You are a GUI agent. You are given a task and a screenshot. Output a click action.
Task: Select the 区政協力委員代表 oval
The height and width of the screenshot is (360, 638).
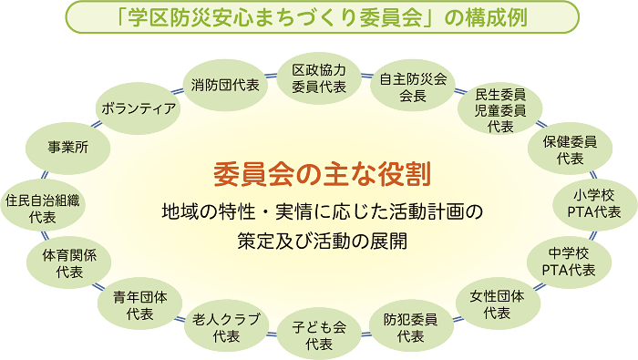(319, 78)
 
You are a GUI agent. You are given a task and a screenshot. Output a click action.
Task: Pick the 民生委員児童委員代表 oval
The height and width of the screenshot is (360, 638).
(500, 109)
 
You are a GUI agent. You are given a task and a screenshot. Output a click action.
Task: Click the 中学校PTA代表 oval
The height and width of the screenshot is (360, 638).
(569, 260)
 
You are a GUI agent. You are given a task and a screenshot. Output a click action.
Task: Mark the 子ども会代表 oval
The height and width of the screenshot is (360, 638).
(319, 334)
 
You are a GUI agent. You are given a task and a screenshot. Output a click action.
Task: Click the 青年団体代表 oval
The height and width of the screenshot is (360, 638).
(139, 304)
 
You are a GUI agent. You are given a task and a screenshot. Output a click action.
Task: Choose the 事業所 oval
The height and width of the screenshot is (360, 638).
(69, 145)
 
